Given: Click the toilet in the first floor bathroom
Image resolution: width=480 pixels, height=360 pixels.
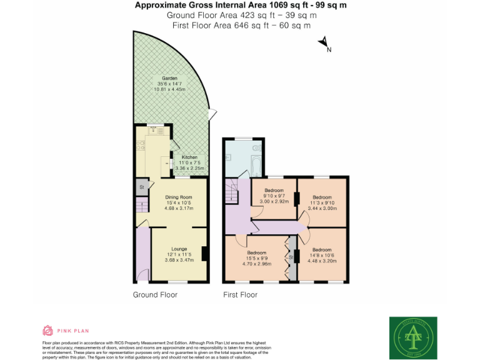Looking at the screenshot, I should [x=256, y=148].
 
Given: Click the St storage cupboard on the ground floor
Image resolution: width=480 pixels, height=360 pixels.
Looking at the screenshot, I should [x=142, y=186].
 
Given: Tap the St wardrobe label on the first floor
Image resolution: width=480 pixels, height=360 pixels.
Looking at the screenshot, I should [x=291, y=257].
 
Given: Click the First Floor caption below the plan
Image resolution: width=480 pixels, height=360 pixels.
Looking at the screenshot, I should [x=241, y=294].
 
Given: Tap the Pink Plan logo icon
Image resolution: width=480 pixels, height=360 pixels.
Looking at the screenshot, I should [x=47, y=331].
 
